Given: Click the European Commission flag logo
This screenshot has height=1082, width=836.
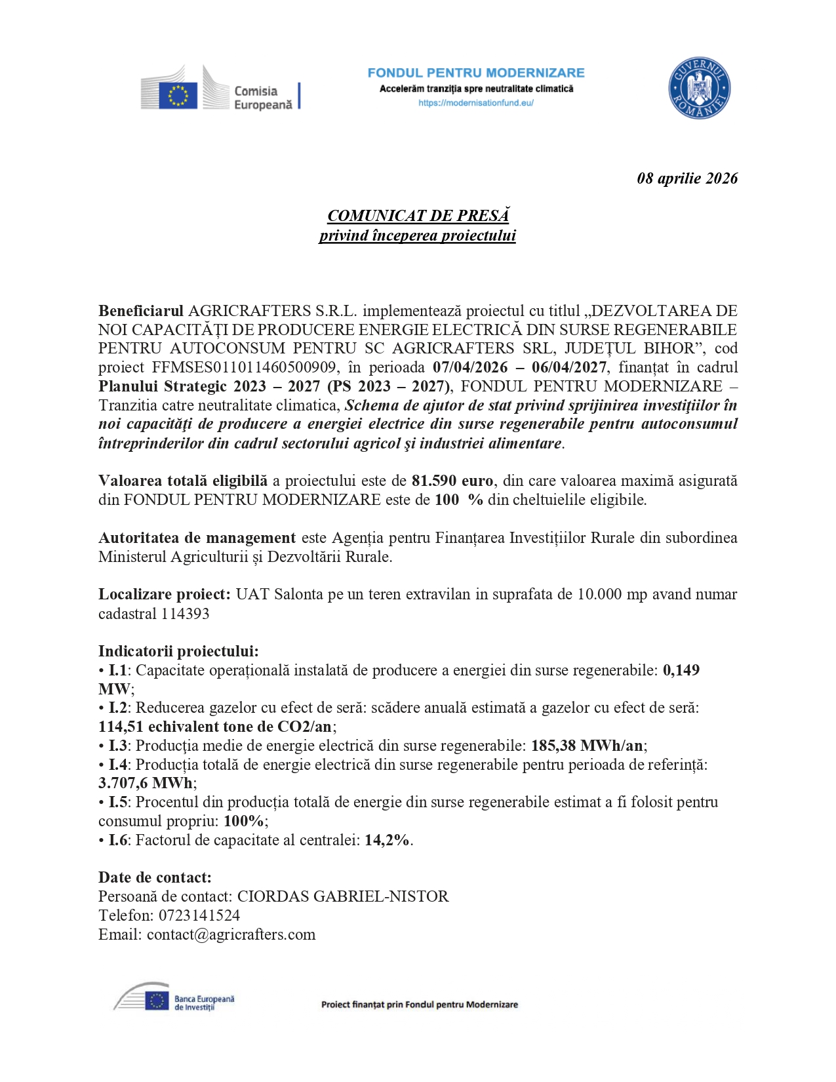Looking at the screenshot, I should [177, 94].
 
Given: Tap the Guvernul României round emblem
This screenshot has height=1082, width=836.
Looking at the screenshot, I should [699, 89].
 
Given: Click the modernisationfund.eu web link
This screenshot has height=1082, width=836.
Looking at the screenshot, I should [475, 103].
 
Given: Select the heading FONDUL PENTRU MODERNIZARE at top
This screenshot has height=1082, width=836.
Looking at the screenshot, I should [475, 73].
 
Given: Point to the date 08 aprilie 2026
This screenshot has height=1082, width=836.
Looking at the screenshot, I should [687, 178].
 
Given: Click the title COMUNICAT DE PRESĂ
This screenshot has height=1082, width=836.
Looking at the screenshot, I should [418, 216].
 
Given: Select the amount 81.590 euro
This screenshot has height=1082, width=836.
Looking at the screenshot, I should [452, 481].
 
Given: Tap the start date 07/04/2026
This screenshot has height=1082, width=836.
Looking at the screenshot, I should [470, 367].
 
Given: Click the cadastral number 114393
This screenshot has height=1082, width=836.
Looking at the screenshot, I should [186, 614].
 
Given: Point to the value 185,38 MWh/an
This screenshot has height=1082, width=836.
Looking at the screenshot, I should [587, 746].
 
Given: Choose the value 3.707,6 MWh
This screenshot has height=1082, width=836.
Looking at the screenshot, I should [146, 783].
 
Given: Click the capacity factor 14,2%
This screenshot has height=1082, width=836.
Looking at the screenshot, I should [387, 840].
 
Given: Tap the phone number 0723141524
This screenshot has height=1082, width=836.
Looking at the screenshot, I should [199, 915].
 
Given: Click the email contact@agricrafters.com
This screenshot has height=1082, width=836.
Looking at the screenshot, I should [231, 934].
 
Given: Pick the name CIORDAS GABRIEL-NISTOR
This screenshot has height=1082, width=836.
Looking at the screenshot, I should [342, 896].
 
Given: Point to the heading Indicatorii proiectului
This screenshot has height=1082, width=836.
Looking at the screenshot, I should [178, 651].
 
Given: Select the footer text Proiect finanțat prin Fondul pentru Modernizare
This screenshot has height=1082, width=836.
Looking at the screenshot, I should [419, 1005].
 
